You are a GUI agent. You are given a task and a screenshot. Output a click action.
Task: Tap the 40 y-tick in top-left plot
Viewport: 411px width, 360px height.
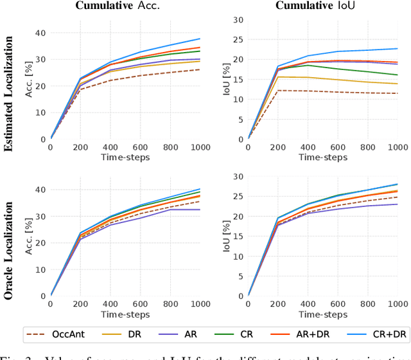(x=41, y=32)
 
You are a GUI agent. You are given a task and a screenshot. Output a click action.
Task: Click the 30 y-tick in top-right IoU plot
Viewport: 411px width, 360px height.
(x=238, y=20)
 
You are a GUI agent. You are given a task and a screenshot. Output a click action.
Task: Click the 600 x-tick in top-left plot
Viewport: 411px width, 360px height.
(x=139, y=147)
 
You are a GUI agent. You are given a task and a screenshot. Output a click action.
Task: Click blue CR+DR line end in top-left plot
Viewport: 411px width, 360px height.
(x=200, y=39)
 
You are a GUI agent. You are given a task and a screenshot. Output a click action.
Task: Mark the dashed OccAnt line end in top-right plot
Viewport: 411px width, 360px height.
(x=398, y=93)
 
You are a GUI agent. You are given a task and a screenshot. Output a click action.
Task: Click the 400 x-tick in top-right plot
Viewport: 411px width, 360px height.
(x=308, y=147)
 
